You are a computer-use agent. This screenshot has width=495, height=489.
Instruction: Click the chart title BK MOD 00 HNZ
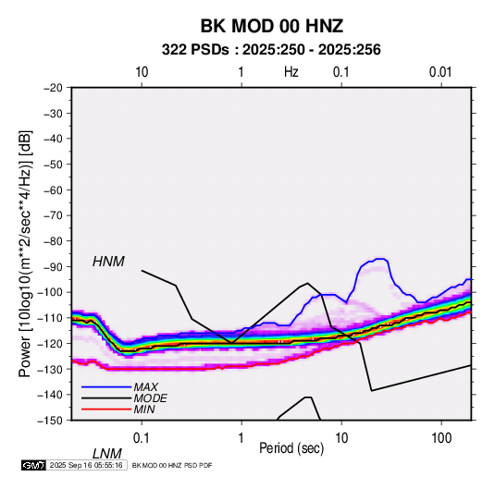(x=272, y=26)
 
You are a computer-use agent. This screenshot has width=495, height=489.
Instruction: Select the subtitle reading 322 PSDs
(x=195, y=50)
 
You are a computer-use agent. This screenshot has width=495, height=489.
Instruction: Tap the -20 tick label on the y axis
(x=53, y=88)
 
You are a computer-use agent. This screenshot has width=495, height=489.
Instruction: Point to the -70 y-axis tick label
(x=53, y=215)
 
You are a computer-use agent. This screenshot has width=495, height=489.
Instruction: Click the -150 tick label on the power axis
(x=50, y=421)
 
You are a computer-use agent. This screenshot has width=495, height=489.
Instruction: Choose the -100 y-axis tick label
(x=50, y=292)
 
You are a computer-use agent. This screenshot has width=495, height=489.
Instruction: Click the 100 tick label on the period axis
(x=441, y=438)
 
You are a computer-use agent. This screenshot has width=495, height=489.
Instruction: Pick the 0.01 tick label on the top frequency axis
(x=440, y=72)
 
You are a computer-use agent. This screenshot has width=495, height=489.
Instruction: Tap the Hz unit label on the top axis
(x=291, y=72)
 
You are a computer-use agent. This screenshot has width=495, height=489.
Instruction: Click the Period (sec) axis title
(x=291, y=448)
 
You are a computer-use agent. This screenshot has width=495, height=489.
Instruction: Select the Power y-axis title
(x=25, y=253)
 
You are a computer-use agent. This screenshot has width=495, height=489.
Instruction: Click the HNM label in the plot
(x=108, y=262)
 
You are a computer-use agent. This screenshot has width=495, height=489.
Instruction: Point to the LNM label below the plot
(x=107, y=454)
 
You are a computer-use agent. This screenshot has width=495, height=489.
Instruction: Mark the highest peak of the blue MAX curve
(x=380, y=259)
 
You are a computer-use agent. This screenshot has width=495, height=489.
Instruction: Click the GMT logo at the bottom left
(x=33, y=465)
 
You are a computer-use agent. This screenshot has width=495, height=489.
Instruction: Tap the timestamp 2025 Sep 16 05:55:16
(x=86, y=465)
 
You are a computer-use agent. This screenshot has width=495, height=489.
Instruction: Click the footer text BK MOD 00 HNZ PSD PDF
(x=172, y=465)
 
